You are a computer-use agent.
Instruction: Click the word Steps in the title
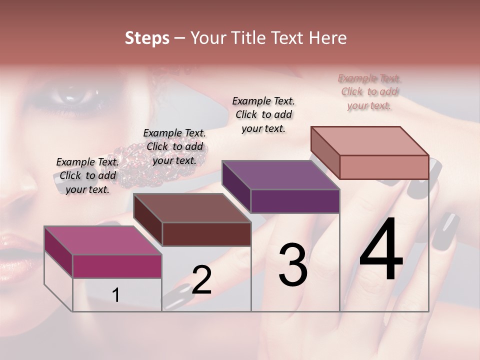[147, 38]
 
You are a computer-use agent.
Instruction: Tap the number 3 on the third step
[293, 264]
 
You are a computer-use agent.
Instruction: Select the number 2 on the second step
[201, 280]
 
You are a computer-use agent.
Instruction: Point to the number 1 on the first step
[116, 295]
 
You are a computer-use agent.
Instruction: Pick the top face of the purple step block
[280, 175]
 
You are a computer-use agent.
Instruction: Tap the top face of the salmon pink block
[370, 141]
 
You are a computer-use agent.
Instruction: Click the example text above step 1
[87, 175]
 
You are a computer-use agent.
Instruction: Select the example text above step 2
[174, 146]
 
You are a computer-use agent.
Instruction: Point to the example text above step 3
[263, 114]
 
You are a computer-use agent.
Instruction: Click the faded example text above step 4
[369, 91]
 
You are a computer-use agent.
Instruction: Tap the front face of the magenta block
[117, 266]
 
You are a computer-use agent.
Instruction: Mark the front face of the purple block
[295, 201]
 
